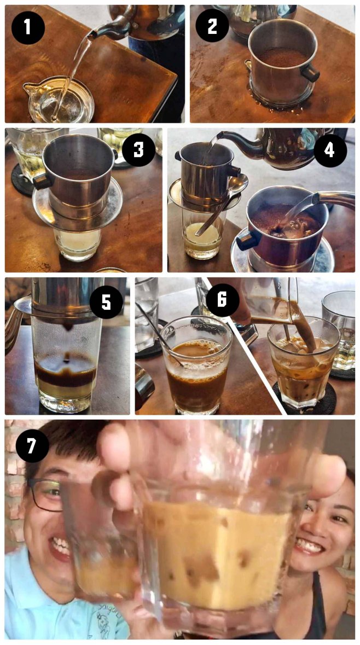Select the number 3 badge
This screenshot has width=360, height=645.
coord(138,149)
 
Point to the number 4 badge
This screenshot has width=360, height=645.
coord(329,149)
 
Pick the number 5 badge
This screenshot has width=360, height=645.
coord(107,300)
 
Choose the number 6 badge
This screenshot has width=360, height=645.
coord(223,300)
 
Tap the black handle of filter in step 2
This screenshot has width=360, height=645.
coord(310,72)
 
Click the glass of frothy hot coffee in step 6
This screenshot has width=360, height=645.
coord(194,372)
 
